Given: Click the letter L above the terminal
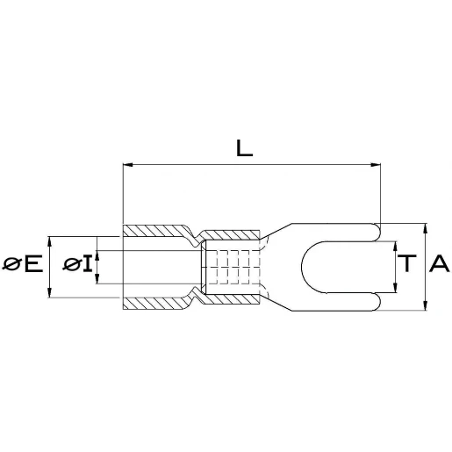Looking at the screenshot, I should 245,148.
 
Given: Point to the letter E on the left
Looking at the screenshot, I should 33,263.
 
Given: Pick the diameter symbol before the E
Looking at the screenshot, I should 12,263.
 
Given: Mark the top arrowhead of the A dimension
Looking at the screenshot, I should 426,226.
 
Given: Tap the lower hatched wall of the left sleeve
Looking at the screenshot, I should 154,303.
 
